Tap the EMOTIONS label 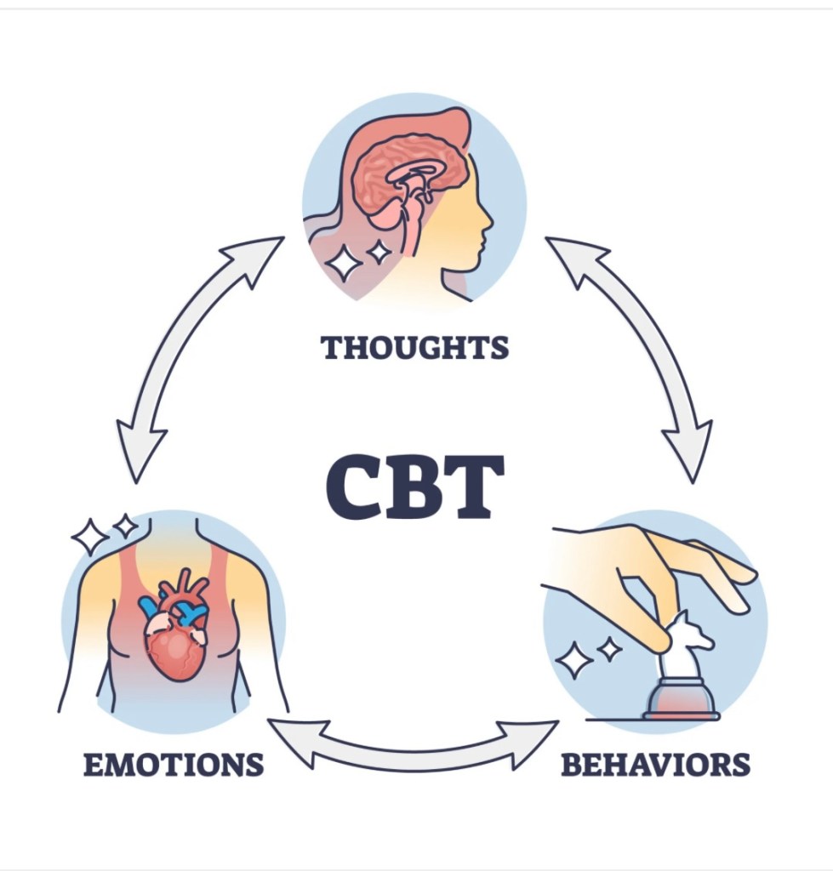click(173, 764)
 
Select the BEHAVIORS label click(655, 764)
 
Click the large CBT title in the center click(414, 487)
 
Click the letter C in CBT click(353, 487)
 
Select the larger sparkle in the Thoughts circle click(345, 263)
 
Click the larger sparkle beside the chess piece click(574, 659)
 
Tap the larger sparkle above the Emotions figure click(89, 536)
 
